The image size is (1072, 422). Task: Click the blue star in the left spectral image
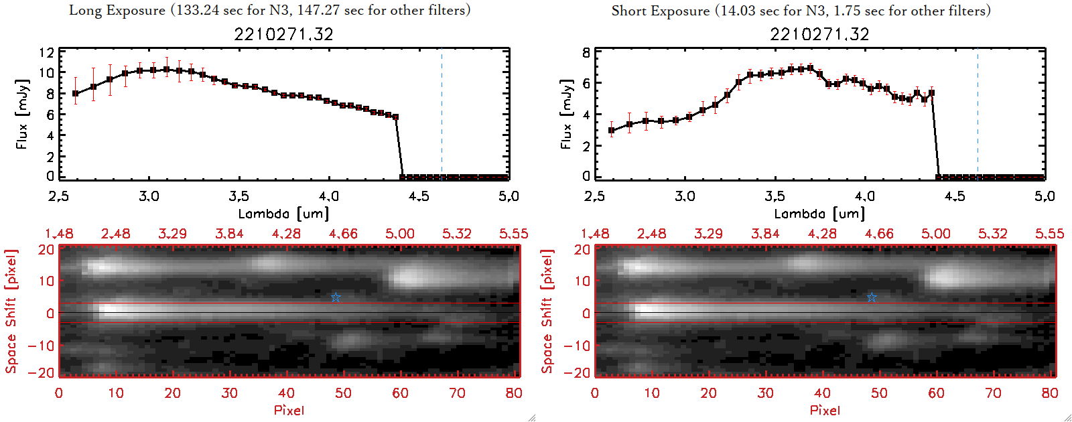point(336,297)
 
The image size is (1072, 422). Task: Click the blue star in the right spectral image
point(872,297)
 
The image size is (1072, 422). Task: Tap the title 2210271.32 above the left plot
point(283,34)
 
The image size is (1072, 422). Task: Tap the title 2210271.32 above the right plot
point(819,34)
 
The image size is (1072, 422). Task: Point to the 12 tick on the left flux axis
point(46,52)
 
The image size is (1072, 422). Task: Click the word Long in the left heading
point(85,11)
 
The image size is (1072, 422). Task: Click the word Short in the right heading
point(628,11)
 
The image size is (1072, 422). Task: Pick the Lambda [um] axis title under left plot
point(283,214)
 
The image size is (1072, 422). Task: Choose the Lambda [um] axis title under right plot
point(819,214)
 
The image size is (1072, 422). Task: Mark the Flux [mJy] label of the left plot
point(22,114)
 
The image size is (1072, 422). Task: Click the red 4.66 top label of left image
point(343,234)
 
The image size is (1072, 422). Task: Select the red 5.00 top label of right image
point(935,234)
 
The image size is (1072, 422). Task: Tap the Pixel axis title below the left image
point(289,410)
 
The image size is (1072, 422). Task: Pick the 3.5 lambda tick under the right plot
point(775,196)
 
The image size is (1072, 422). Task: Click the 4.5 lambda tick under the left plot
point(419,196)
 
